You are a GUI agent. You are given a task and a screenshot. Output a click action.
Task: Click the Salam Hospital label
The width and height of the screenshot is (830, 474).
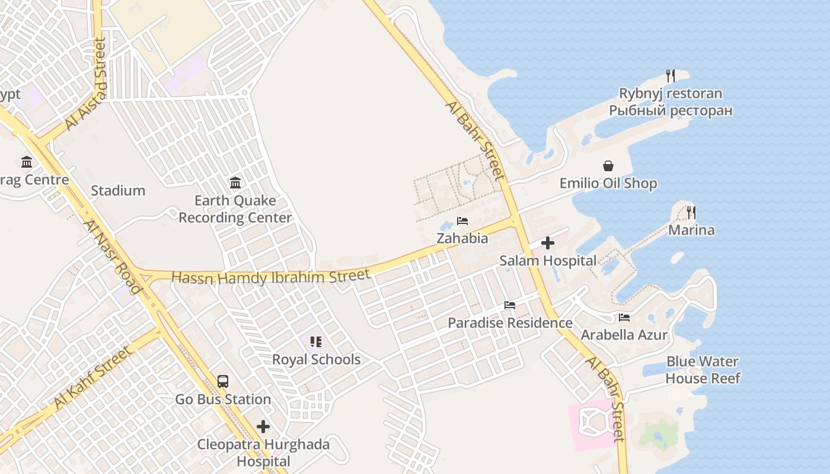pyautogui.click(x=548, y=261)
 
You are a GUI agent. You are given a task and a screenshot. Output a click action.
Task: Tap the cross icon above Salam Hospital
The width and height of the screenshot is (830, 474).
pyautogui.click(x=548, y=243)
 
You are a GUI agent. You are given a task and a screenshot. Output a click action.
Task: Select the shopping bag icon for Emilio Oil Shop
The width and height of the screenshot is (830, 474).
pyautogui.click(x=608, y=166)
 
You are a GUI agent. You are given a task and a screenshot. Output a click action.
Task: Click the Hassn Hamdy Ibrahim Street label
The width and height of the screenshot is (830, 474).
pyautogui.click(x=270, y=277)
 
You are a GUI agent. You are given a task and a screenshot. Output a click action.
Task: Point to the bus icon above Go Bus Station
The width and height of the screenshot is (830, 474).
pyautogui.click(x=223, y=382)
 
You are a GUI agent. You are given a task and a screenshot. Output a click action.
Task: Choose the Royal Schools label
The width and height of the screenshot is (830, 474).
pyautogui.click(x=316, y=360)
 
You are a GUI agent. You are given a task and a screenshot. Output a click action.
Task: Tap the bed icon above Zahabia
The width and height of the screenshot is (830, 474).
pyautogui.click(x=462, y=222)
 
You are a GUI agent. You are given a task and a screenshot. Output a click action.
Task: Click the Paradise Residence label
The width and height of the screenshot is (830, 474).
pyautogui.click(x=510, y=323)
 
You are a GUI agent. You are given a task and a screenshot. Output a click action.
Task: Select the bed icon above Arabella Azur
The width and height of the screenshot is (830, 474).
pyautogui.click(x=624, y=318)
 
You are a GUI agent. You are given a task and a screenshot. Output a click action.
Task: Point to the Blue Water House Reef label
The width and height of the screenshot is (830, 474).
pyautogui.click(x=703, y=370)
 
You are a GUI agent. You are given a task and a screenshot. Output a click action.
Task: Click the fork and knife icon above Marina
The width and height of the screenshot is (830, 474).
pyautogui.click(x=691, y=212)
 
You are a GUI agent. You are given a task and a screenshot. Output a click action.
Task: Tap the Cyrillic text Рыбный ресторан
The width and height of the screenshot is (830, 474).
pyautogui.click(x=671, y=111)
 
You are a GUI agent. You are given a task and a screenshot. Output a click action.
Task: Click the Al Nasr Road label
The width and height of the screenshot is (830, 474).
pyautogui.click(x=113, y=257)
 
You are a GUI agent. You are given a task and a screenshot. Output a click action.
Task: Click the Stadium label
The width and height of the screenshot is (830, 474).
pyautogui.click(x=118, y=191)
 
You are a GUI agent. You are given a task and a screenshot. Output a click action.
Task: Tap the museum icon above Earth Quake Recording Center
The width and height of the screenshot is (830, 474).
pyautogui.click(x=235, y=182)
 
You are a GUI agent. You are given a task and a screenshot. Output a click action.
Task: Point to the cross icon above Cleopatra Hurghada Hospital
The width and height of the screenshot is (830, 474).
pyautogui.click(x=263, y=427)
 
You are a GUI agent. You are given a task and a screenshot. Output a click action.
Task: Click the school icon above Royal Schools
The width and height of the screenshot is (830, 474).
pyautogui.click(x=316, y=342)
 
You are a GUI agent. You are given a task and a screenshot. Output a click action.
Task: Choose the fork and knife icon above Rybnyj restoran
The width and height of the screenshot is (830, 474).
pyautogui.click(x=671, y=76)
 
